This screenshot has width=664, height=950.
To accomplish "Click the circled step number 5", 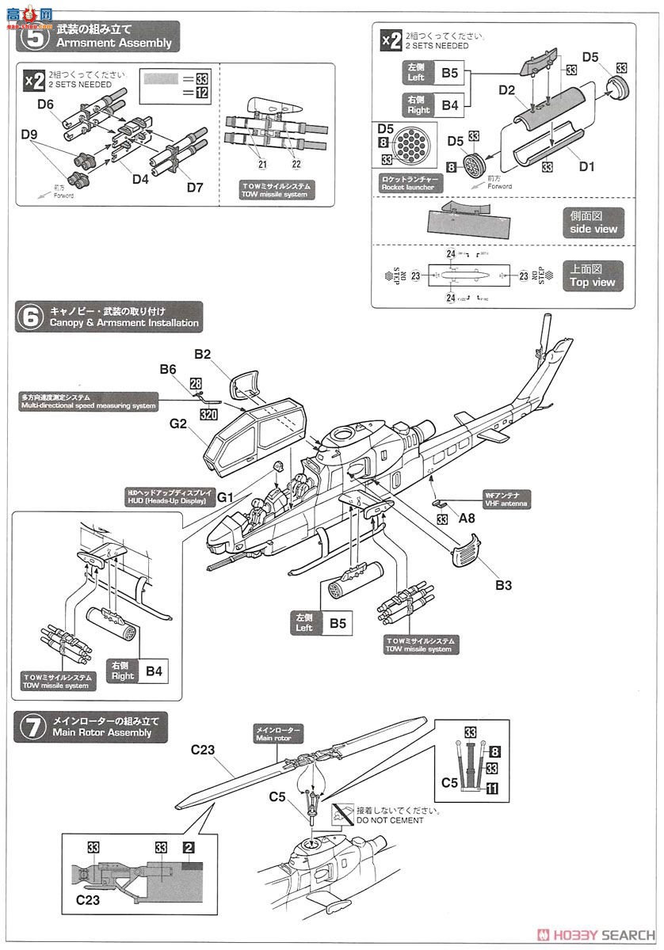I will pyautogui.click(x=32, y=36).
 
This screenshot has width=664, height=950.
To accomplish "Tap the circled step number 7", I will pyautogui.click(x=32, y=727).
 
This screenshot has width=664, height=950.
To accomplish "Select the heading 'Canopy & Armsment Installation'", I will pyautogui.click(x=124, y=323).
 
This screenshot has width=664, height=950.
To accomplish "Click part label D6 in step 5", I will pyautogui.click(x=45, y=104).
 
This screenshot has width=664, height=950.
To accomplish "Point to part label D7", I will pyautogui.click(x=196, y=187).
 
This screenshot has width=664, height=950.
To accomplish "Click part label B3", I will pyautogui.click(x=504, y=585).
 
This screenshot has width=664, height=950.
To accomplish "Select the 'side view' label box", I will pyautogui.click(x=593, y=222).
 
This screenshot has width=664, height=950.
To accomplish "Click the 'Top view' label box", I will pyautogui.click(x=593, y=275).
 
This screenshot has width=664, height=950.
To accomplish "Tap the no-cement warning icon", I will pyautogui.click(x=342, y=812).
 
